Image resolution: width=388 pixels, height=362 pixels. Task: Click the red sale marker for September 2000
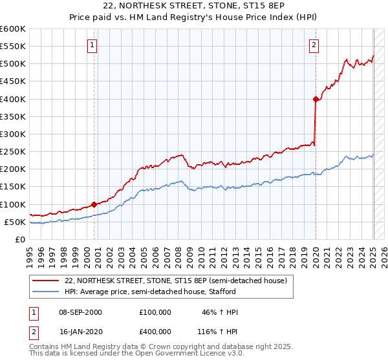94,204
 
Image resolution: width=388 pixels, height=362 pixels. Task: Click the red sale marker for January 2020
316,99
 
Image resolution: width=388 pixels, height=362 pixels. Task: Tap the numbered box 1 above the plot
93,45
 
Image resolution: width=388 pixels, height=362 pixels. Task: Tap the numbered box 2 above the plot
314,45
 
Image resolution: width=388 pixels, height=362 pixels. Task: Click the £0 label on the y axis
19,239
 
